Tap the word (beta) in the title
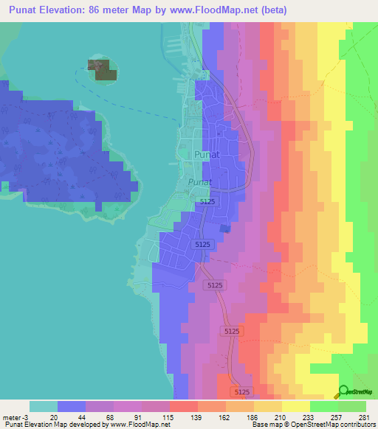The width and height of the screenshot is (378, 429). [x=270, y=10]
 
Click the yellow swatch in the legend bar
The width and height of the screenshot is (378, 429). [x=295, y=406]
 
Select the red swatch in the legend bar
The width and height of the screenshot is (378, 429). [x=183, y=406]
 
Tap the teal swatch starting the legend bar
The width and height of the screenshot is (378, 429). [x=44, y=406]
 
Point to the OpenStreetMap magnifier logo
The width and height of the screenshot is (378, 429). [x=343, y=391]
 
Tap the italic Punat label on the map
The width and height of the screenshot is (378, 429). [x=199, y=181]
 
